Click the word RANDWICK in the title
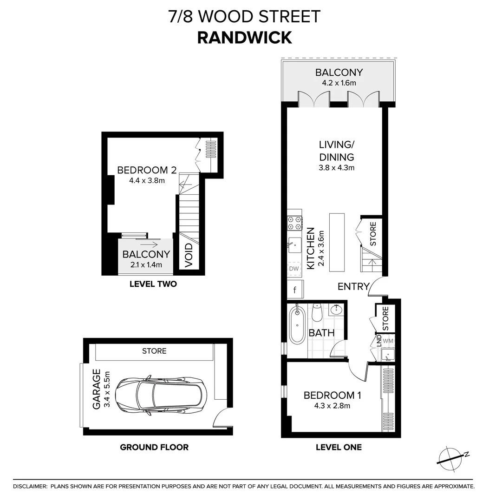coord(244,37)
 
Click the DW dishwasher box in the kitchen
coord(293,268)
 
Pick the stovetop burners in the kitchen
coord(295,223)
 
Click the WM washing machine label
coord(388,341)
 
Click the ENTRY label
coord(353,286)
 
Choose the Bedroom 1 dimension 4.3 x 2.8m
coord(332,406)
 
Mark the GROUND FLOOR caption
coord(154,447)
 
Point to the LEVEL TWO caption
coord(153,284)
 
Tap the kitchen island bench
coord(337,242)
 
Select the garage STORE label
coord(154,351)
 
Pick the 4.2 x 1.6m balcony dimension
coord(339,84)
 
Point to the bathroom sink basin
coord(337,309)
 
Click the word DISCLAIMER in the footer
coord(30,486)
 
